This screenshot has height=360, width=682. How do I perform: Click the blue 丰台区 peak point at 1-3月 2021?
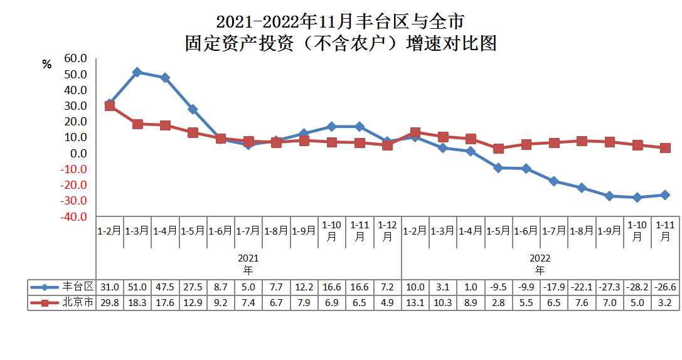pos(137,72)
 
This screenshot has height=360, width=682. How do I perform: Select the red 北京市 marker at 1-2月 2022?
pos(415,132)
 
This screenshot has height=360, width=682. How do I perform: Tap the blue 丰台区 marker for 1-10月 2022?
pos(637,198)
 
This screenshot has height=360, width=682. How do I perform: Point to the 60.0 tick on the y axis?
pos(75,58)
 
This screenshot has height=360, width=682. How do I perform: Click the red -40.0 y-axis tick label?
pos(74,216)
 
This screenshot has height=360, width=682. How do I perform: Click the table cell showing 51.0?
pos(137,287)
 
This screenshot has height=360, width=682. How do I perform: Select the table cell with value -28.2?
pos(637,287)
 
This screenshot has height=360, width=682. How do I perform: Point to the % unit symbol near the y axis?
pos(46,65)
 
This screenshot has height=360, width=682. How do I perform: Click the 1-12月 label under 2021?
pos(387,231)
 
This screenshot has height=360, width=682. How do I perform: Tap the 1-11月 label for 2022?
pos(665,231)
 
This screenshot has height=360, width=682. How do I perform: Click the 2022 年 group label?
pos(540,263)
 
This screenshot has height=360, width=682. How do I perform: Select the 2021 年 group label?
pos(248,263)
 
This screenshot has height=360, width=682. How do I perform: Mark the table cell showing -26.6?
pos(665,287)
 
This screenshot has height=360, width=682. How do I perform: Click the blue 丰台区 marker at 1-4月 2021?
pos(165,78)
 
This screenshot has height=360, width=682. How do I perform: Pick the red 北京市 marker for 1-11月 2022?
pos(665,148)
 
